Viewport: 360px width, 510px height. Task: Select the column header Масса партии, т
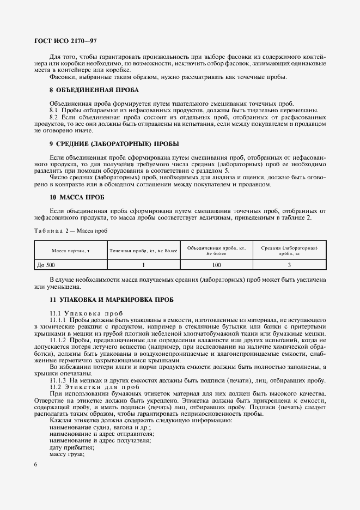point(70,251)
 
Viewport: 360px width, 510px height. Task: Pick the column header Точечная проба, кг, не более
point(144,251)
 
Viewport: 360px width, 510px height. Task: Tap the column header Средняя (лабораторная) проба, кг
point(289,251)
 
